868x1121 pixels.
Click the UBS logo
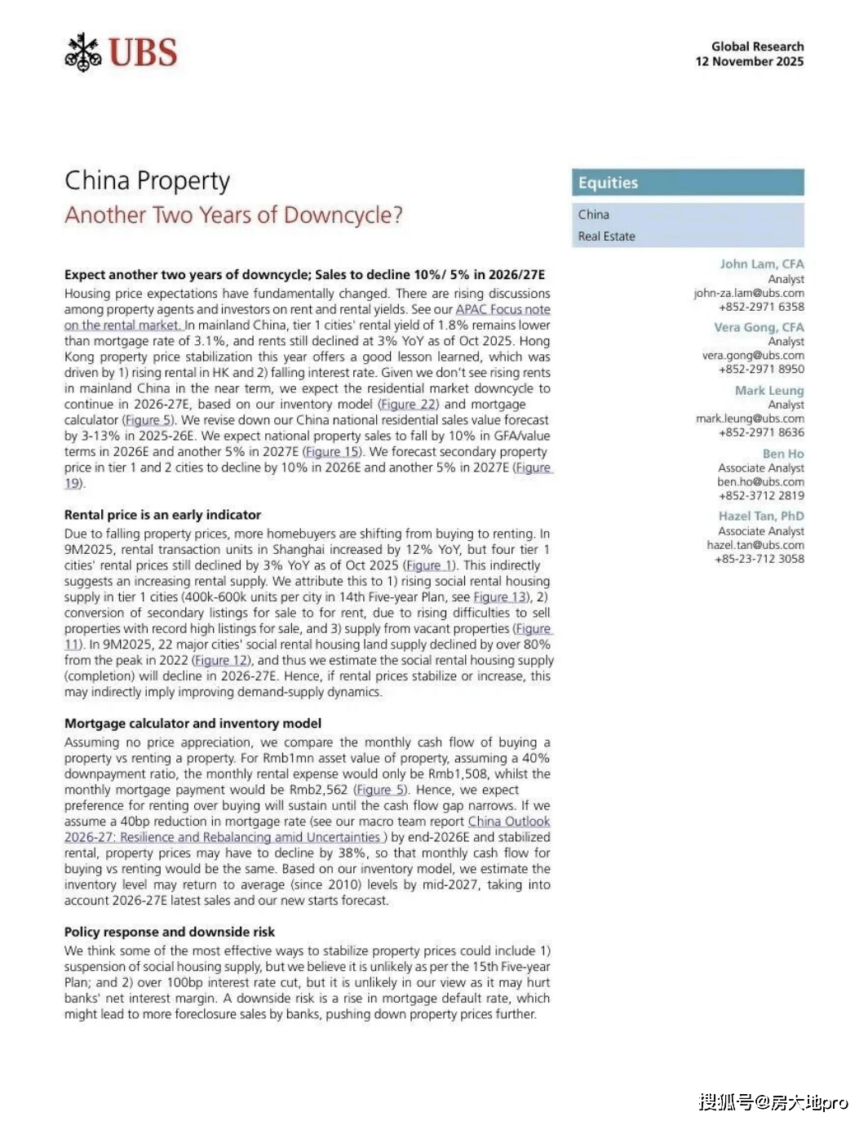point(121,53)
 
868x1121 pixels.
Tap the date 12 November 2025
point(749,62)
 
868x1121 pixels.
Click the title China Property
point(147,180)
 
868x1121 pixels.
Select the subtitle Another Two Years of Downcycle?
point(233,215)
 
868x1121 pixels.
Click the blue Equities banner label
point(608,183)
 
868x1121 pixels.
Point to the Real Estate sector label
point(606,237)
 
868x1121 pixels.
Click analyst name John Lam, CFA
point(761,264)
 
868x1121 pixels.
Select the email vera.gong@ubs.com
point(753,356)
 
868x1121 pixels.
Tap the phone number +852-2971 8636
point(761,432)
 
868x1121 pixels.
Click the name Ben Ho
point(783,454)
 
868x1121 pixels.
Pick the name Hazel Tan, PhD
point(761,516)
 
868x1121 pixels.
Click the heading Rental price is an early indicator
point(162,516)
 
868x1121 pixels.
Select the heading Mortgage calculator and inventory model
point(193,724)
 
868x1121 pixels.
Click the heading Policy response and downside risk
point(169,933)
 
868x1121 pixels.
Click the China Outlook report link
point(508,822)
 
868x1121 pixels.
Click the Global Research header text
point(757,47)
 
